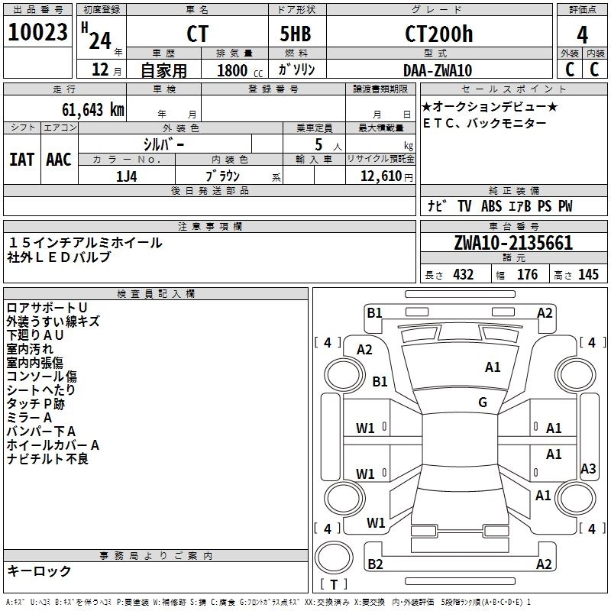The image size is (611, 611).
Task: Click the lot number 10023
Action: [x=37, y=33]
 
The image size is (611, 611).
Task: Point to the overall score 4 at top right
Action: [x=582, y=34]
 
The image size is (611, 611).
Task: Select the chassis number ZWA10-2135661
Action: [x=512, y=244]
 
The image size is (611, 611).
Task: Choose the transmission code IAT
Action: [x=21, y=160]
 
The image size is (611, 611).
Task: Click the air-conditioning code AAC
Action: [x=58, y=160]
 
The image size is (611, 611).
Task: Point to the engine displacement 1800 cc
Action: [x=236, y=70]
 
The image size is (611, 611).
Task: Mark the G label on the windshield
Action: [x=483, y=402]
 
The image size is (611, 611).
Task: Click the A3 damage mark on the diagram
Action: [x=587, y=469]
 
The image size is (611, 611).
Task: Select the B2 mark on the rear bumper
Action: [x=375, y=564]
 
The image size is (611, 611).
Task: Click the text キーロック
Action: [x=39, y=571]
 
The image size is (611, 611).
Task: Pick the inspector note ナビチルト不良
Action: [x=47, y=459]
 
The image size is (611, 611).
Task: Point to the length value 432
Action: [x=463, y=275]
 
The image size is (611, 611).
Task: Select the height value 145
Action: [x=588, y=275]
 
